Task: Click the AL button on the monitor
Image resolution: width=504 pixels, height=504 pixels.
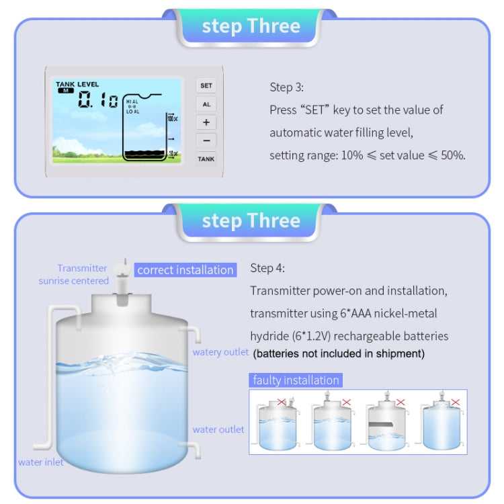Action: pyautogui.click(x=206, y=104)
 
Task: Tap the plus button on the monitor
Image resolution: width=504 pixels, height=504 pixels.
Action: pyautogui.click(x=206, y=122)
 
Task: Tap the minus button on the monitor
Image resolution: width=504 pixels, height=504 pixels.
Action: pyautogui.click(x=206, y=141)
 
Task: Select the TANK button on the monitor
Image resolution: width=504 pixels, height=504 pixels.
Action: pyautogui.click(x=206, y=159)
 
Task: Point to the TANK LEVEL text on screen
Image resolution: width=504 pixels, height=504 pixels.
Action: pyautogui.click(x=77, y=85)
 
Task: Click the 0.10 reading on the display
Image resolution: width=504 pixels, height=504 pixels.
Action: pyautogui.click(x=97, y=101)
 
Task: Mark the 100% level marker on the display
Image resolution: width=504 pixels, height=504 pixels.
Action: pyautogui.click(x=172, y=119)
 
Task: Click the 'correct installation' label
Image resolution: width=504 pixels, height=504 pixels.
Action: pyautogui.click(x=185, y=270)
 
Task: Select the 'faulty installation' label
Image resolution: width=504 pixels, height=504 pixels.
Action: pyautogui.click(x=296, y=380)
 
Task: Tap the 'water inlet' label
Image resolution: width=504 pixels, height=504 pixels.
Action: pyautogui.click(x=41, y=462)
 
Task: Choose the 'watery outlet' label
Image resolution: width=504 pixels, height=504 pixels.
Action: pyautogui.click(x=220, y=352)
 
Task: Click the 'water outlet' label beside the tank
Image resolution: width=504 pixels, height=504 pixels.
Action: pyautogui.click(x=218, y=429)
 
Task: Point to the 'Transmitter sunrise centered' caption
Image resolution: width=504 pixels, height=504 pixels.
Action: pyautogui.click(x=73, y=274)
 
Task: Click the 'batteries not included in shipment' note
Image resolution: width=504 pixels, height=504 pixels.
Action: pyautogui.click(x=339, y=353)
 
